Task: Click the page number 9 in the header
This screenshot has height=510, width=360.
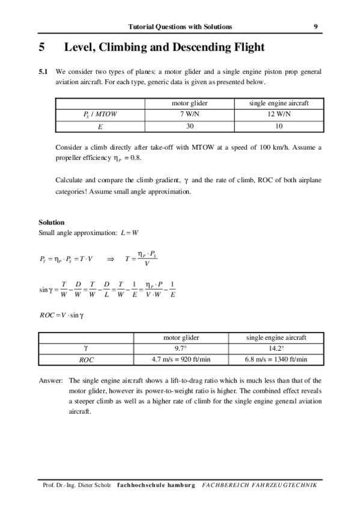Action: pyautogui.click(x=316, y=26)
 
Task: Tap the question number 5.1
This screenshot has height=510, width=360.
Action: pyautogui.click(x=43, y=72)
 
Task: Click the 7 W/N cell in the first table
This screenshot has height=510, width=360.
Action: pyautogui.click(x=190, y=114)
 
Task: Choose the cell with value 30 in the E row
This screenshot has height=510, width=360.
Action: pyautogui.click(x=190, y=126)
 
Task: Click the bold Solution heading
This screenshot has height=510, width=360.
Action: pyautogui.click(x=52, y=223)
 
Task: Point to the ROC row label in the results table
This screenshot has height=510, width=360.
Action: pyautogui.click(x=87, y=360)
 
